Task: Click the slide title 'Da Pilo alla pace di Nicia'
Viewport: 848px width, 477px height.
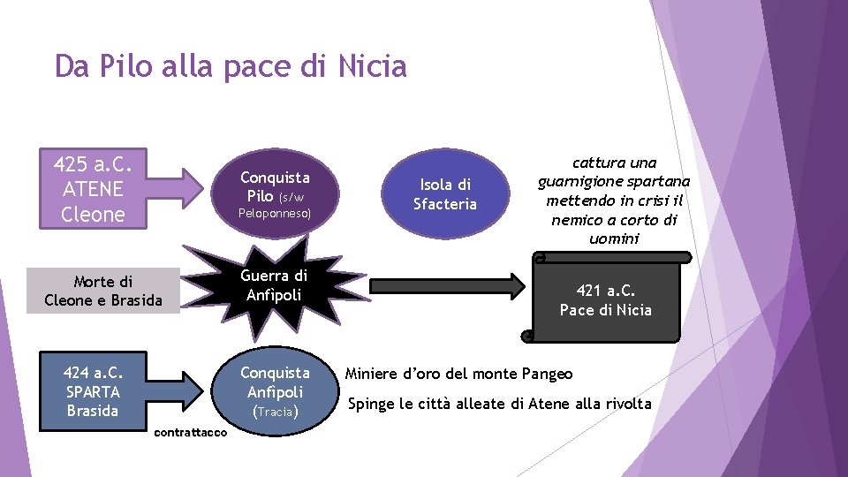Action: (x=231, y=66)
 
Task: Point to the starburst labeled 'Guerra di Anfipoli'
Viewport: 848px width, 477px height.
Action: (x=275, y=285)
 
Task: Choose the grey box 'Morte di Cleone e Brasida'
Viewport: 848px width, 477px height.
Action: (x=103, y=291)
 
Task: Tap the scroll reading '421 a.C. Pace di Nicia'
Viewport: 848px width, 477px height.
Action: (x=605, y=299)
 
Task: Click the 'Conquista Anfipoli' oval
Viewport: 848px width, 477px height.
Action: (x=275, y=391)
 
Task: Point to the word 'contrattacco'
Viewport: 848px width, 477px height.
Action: (x=190, y=432)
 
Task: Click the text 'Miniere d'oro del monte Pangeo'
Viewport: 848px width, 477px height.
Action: (x=458, y=374)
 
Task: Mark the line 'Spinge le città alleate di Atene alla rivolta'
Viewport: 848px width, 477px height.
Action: (x=499, y=405)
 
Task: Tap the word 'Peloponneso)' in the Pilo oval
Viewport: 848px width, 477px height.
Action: (x=275, y=214)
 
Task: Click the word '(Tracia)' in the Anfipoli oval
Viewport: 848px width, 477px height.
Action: (x=275, y=412)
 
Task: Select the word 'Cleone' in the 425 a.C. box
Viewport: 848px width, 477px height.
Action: (x=93, y=214)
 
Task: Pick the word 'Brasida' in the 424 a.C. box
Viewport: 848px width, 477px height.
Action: (x=93, y=411)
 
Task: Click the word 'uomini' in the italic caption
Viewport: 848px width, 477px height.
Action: (x=614, y=239)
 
